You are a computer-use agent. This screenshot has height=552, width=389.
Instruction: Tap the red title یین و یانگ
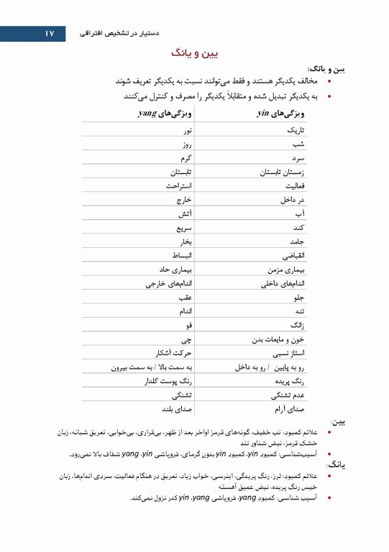(x=195, y=53)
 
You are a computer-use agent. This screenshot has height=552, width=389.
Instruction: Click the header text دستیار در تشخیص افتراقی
(x=117, y=34)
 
